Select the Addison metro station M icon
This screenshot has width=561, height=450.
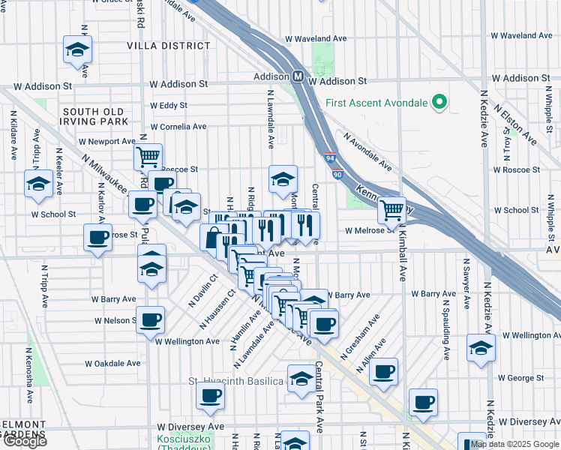tap(298, 76)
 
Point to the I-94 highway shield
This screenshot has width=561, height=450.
tap(331, 158)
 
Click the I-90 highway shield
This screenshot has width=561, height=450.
tap(337, 174)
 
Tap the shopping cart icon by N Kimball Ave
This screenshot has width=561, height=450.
tap(391, 210)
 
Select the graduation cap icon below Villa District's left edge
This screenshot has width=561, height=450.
tap(76, 49)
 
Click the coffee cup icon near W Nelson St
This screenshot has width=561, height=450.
tap(150, 319)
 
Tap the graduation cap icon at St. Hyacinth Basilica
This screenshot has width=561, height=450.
tap(301, 378)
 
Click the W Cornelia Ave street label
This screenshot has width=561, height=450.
tap(178, 127)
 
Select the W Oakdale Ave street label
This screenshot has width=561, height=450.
tap(112, 363)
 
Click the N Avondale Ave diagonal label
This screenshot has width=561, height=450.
tap(367, 152)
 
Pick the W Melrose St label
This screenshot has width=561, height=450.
tap(370, 230)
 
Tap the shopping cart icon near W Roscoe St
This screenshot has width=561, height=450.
tap(148, 157)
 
